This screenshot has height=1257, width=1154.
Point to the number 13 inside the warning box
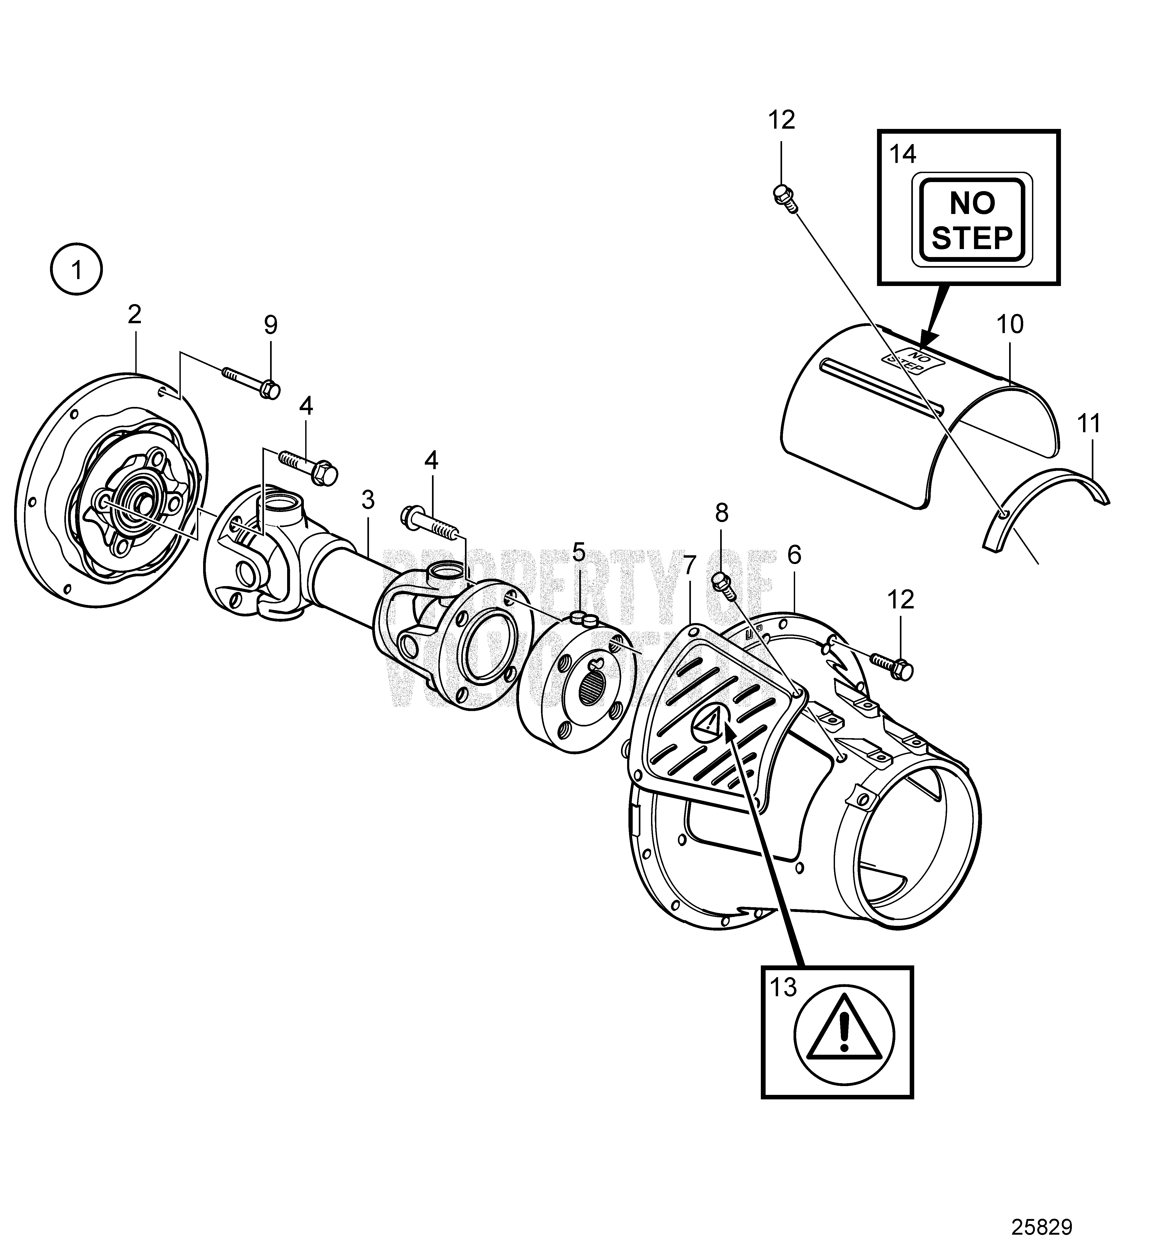[x=783, y=988]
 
